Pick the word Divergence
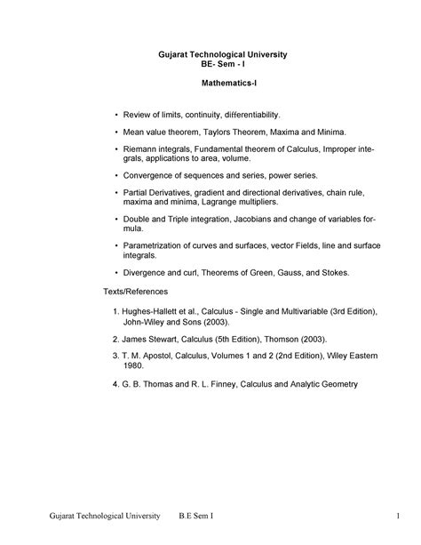[147, 271]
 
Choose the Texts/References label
[136, 292]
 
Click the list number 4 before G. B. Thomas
[115, 384]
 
